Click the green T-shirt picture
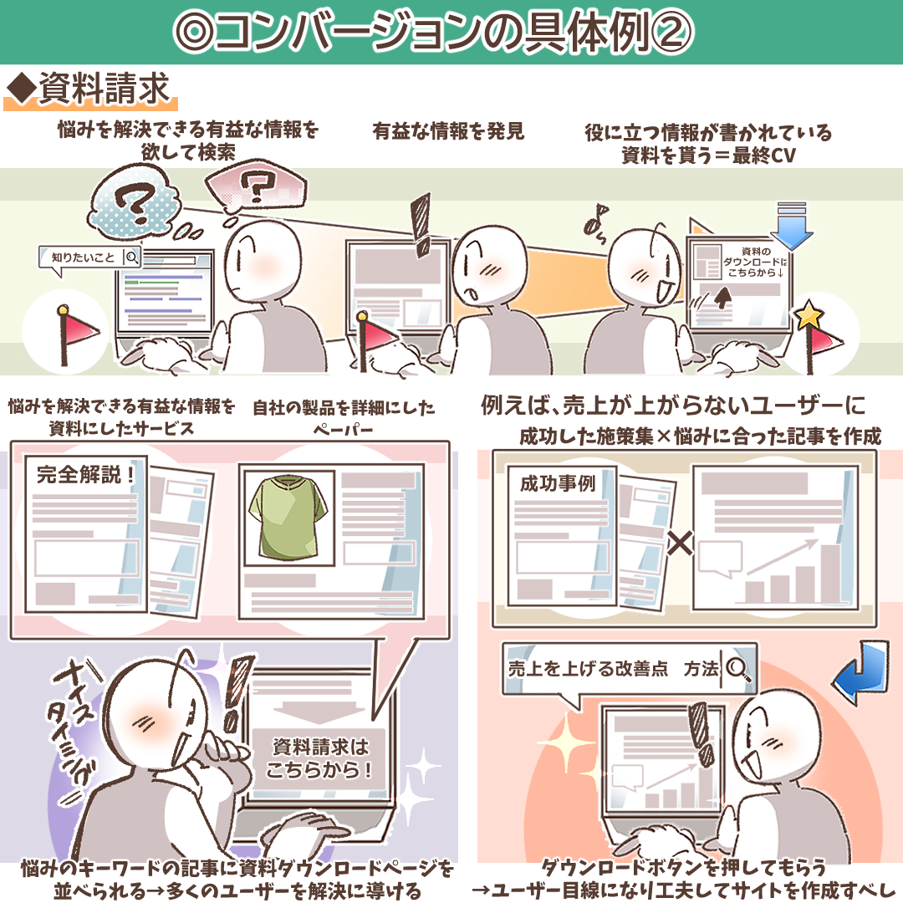(x=288, y=517)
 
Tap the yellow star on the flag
(x=809, y=314)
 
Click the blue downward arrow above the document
(x=792, y=225)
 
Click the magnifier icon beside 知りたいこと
(x=132, y=257)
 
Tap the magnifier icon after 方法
(x=737, y=669)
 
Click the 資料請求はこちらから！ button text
(x=319, y=758)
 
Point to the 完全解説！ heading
(x=86, y=475)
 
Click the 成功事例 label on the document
(x=558, y=482)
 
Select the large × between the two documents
(x=680, y=543)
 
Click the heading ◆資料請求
(x=89, y=89)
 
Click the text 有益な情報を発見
(x=449, y=131)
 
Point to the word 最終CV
(x=764, y=155)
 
